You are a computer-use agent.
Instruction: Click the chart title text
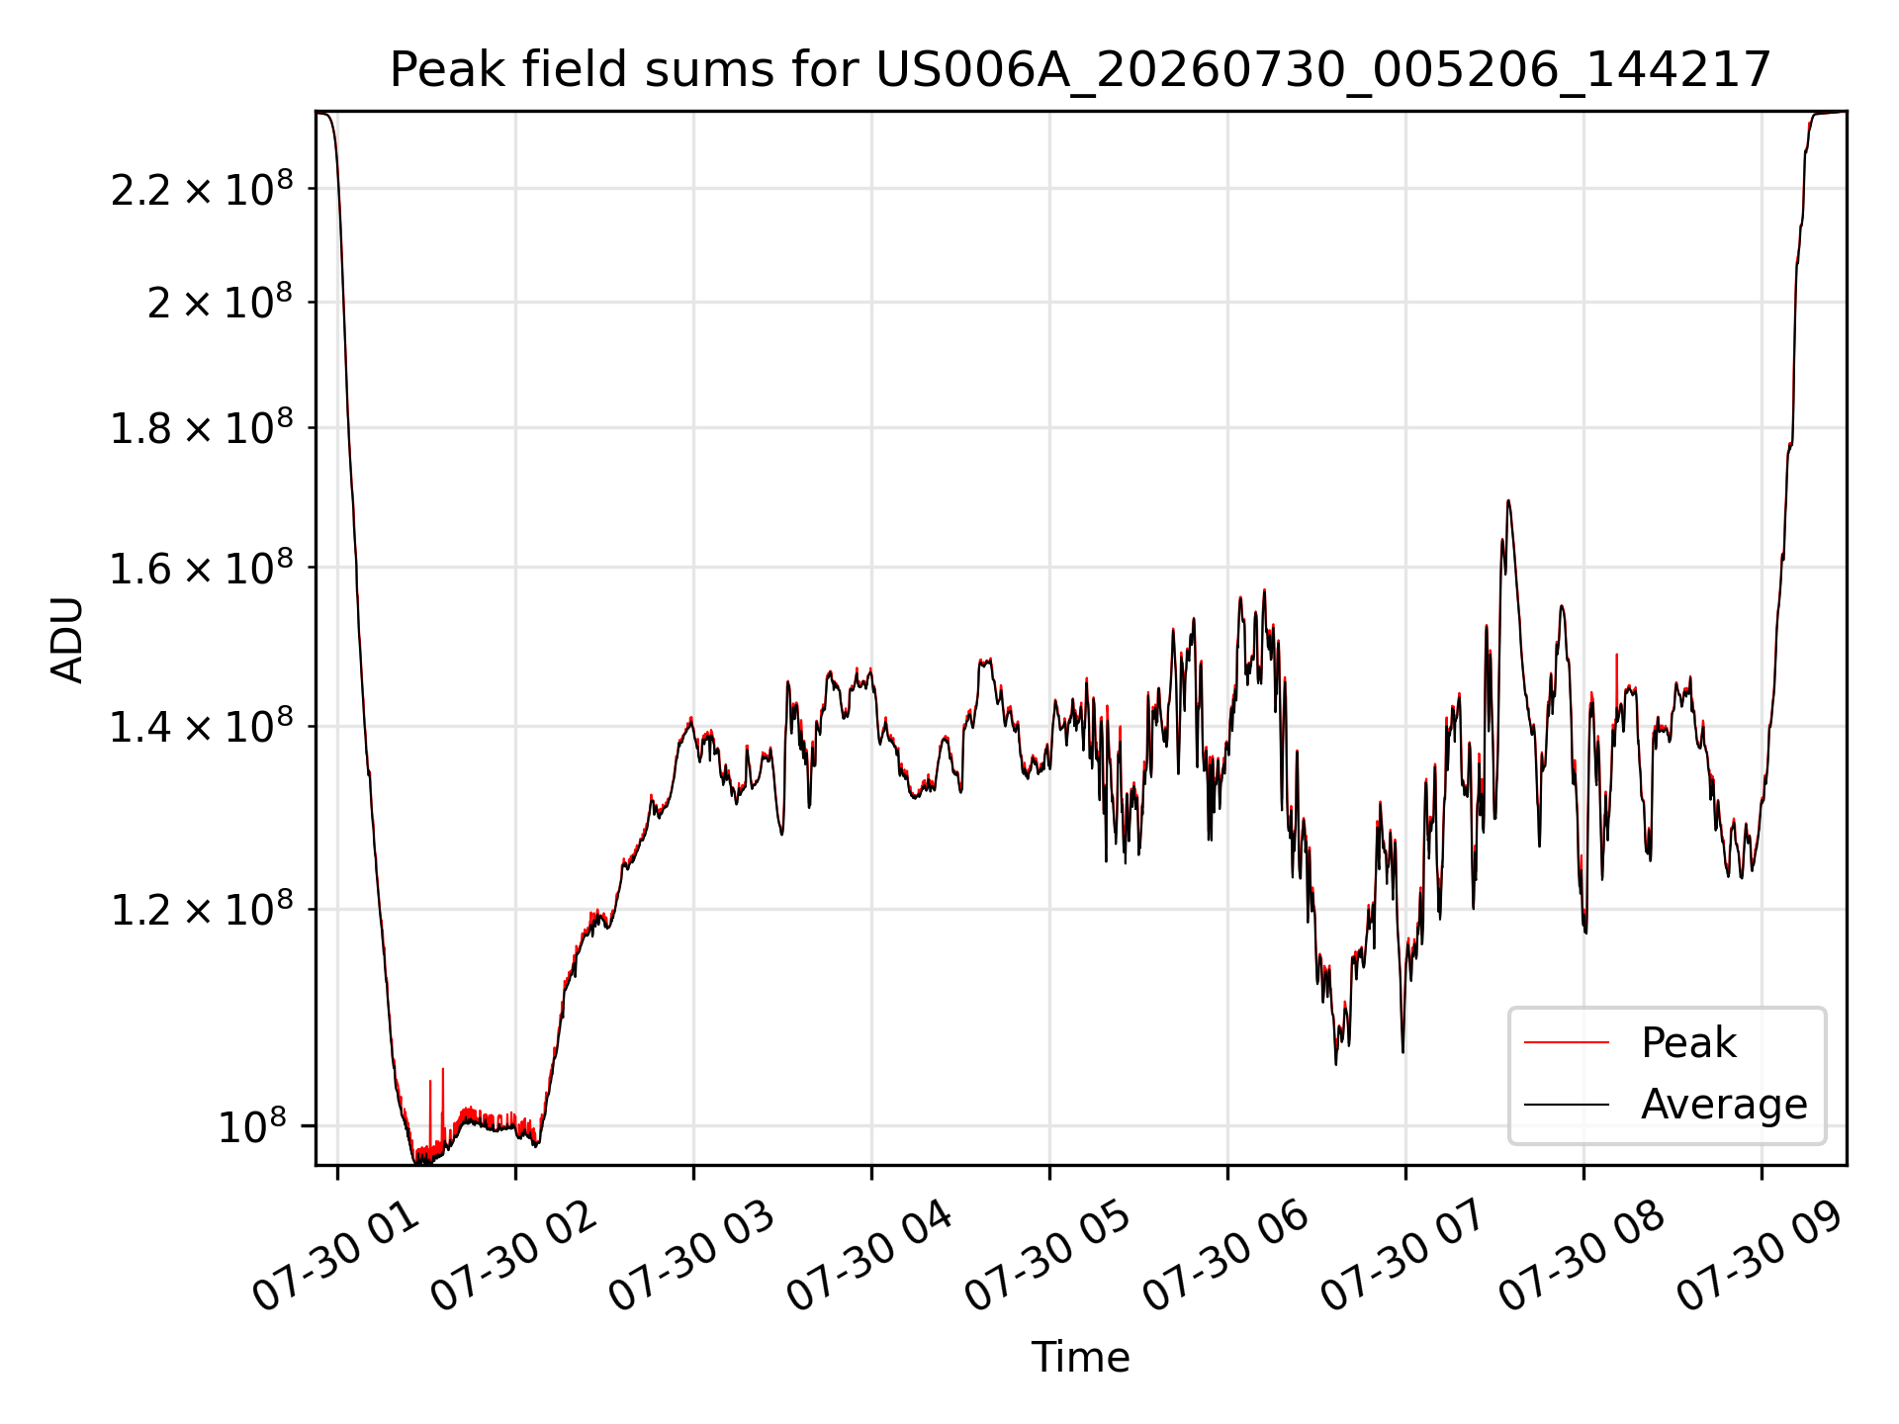1080,70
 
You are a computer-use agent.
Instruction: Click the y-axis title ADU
67,639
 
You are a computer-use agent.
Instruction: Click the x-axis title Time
1080,1357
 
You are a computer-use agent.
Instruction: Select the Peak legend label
1688,1042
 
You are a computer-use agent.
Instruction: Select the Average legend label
1724,1104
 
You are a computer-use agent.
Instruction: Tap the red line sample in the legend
1567,1042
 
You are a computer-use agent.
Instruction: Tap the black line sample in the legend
1567,1104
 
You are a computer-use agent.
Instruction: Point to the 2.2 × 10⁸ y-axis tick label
202,188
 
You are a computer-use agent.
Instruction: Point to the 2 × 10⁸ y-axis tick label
220,302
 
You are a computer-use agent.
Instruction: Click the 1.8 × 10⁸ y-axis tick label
202,427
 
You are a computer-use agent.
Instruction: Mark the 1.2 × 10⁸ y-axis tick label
202,909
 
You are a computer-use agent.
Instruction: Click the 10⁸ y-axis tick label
252,1125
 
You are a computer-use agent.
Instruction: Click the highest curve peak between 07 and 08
1508,500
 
